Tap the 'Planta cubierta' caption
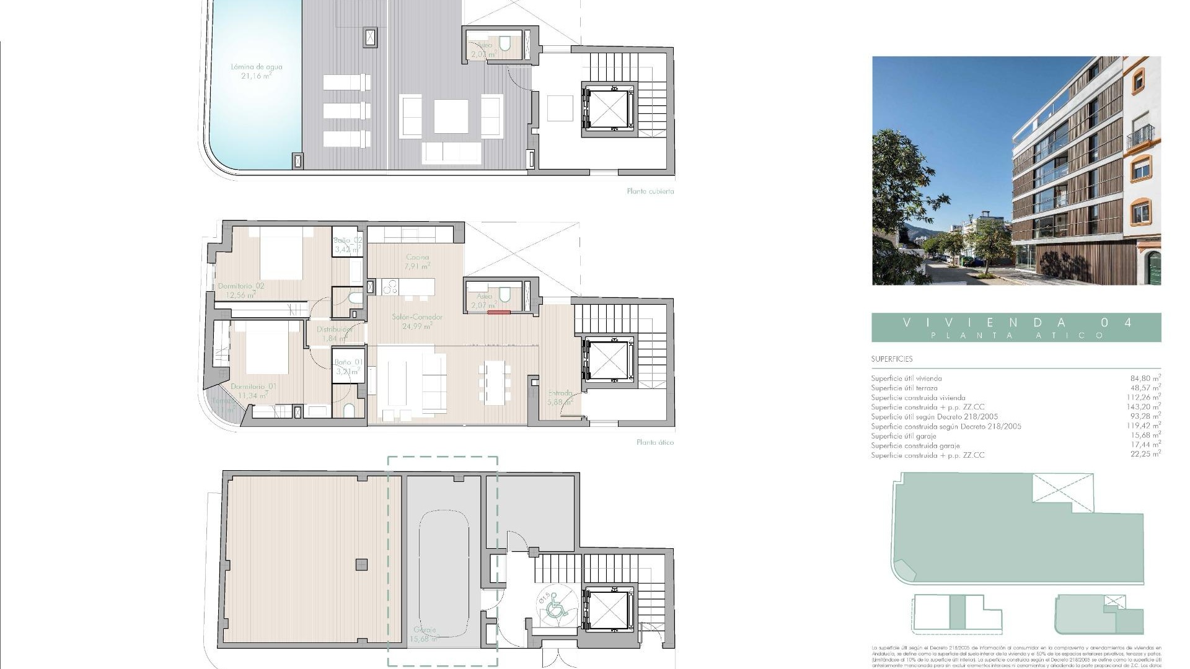click(650, 191)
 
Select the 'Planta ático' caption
click(654, 442)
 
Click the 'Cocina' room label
click(417, 257)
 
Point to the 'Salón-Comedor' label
click(416, 317)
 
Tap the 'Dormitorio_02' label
click(241, 286)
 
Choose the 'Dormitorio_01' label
click(253, 387)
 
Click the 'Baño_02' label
click(347, 240)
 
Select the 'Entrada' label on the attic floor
click(560, 393)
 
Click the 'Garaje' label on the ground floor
click(425, 629)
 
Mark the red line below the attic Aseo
click(498, 313)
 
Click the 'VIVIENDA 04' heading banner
click(1016, 327)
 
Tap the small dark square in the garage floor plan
click(361, 564)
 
